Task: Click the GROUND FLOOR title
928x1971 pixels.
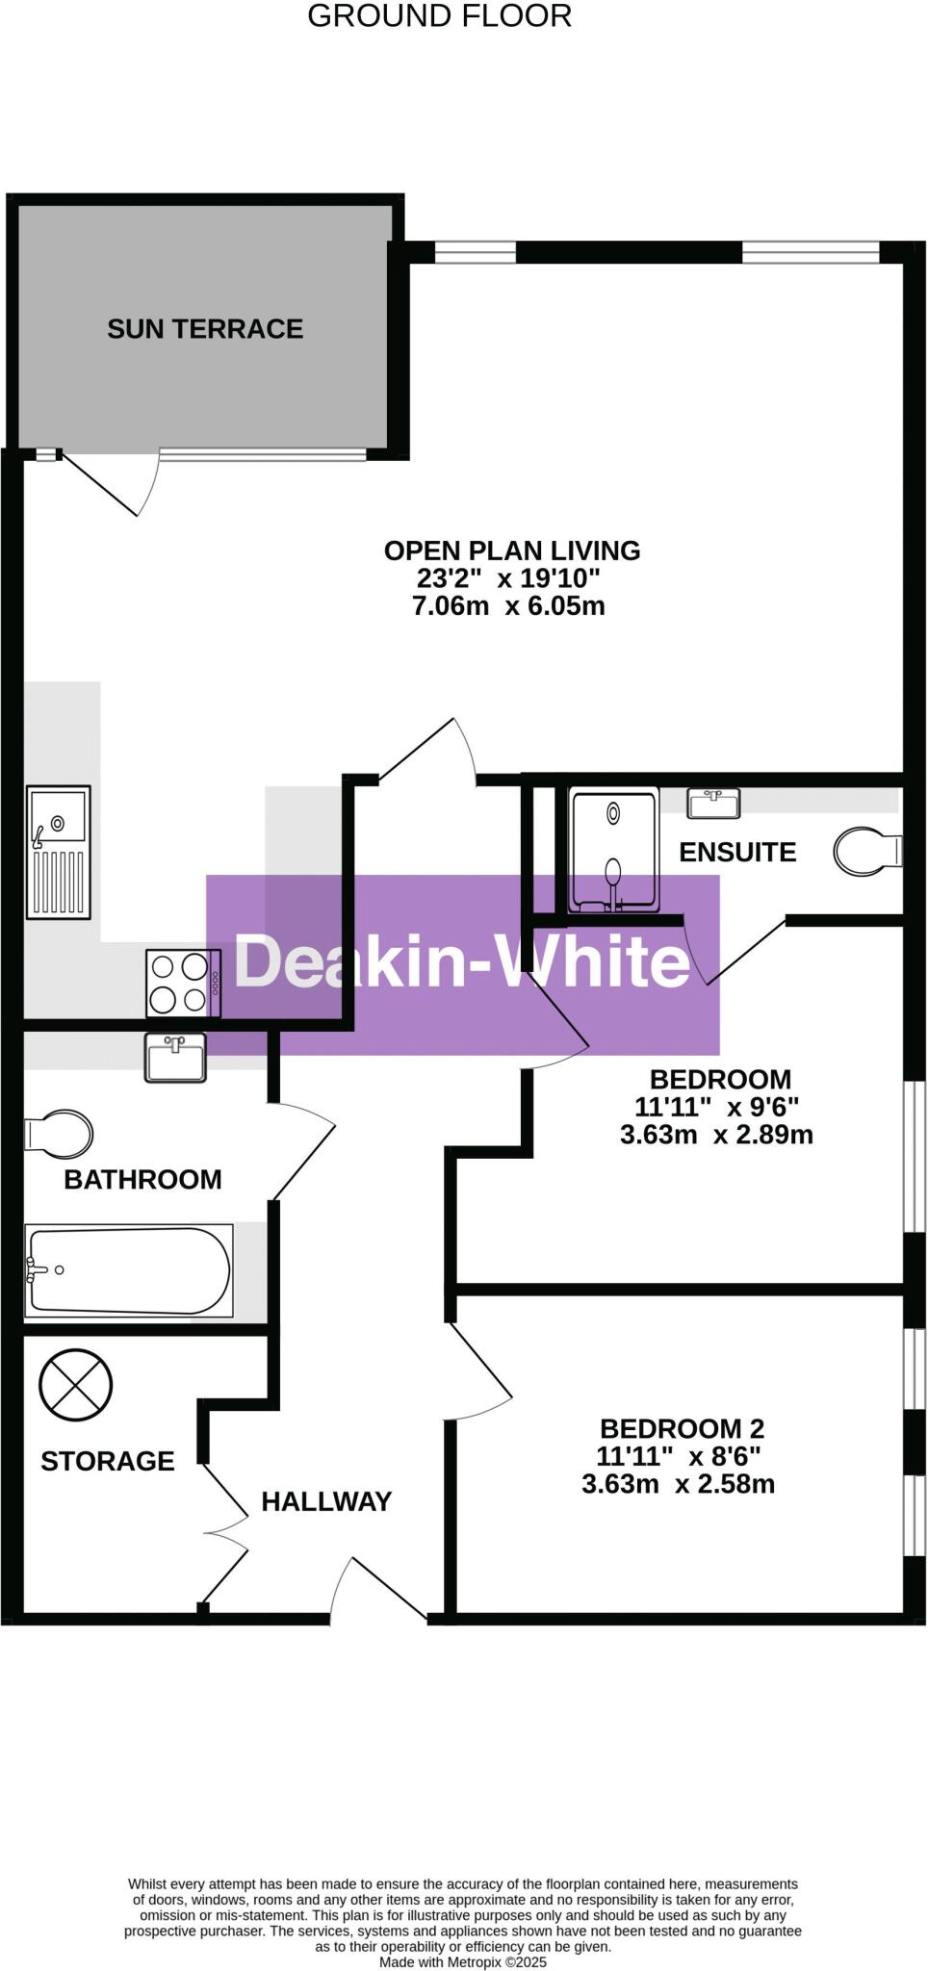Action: (x=439, y=16)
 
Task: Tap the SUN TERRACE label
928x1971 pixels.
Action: (x=205, y=329)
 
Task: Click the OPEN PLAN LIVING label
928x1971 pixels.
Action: (x=511, y=550)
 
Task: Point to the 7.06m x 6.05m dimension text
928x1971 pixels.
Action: (x=508, y=606)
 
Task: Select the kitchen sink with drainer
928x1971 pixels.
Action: (x=59, y=852)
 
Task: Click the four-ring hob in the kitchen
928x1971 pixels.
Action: (x=183, y=983)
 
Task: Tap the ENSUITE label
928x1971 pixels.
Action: (x=737, y=853)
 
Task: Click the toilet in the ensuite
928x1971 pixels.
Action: (x=867, y=852)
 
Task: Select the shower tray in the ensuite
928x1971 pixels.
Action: (x=614, y=850)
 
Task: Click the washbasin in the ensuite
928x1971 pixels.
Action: (x=713, y=803)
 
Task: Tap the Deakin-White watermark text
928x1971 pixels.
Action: (x=462, y=961)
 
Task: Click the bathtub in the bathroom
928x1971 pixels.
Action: (x=128, y=1270)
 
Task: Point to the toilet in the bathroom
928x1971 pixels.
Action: (x=59, y=1134)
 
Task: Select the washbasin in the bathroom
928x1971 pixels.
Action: (x=175, y=1058)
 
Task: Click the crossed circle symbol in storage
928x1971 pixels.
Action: (x=76, y=1385)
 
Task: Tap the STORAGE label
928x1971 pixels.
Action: (x=108, y=1461)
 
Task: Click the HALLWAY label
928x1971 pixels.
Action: (x=326, y=1501)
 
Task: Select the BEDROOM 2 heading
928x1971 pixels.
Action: (x=682, y=1428)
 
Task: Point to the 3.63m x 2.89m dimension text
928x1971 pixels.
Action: (x=716, y=1135)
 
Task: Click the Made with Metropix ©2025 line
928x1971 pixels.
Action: (x=463, y=1961)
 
